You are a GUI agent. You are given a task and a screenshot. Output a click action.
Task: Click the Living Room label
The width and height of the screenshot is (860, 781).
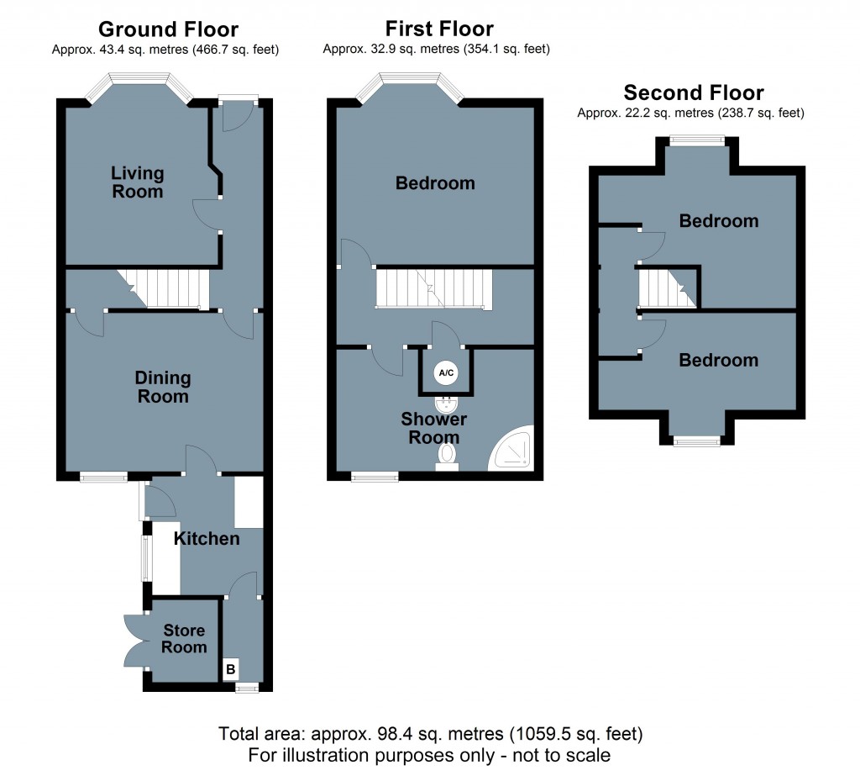click(138, 182)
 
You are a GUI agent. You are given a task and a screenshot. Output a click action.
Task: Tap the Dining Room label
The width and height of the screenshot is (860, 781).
click(163, 388)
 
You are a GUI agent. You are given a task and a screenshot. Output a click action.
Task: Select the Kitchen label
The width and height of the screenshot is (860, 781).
click(207, 538)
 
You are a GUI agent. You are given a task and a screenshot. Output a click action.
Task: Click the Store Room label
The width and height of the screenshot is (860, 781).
click(184, 639)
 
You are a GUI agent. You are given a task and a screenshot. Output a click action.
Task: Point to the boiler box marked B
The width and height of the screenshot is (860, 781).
click(230, 670)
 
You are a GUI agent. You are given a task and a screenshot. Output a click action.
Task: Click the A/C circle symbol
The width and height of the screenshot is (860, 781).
click(446, 372)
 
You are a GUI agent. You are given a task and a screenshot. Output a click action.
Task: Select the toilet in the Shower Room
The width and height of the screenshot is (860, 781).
click(447, 456)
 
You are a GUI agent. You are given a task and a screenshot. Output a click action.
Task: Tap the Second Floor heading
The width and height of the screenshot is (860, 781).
click(694, 93)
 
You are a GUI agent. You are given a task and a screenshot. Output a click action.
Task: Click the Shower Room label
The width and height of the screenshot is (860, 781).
click(434, 428)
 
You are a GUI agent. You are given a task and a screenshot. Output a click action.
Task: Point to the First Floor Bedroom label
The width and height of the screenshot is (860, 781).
click(435, 183)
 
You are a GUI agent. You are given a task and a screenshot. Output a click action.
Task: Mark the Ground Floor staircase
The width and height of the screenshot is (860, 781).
click(163, 288)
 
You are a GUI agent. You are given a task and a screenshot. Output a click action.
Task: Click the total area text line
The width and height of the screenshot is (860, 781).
click(430, 732)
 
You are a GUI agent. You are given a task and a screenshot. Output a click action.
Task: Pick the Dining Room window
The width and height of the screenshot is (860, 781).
click(104, 478)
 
